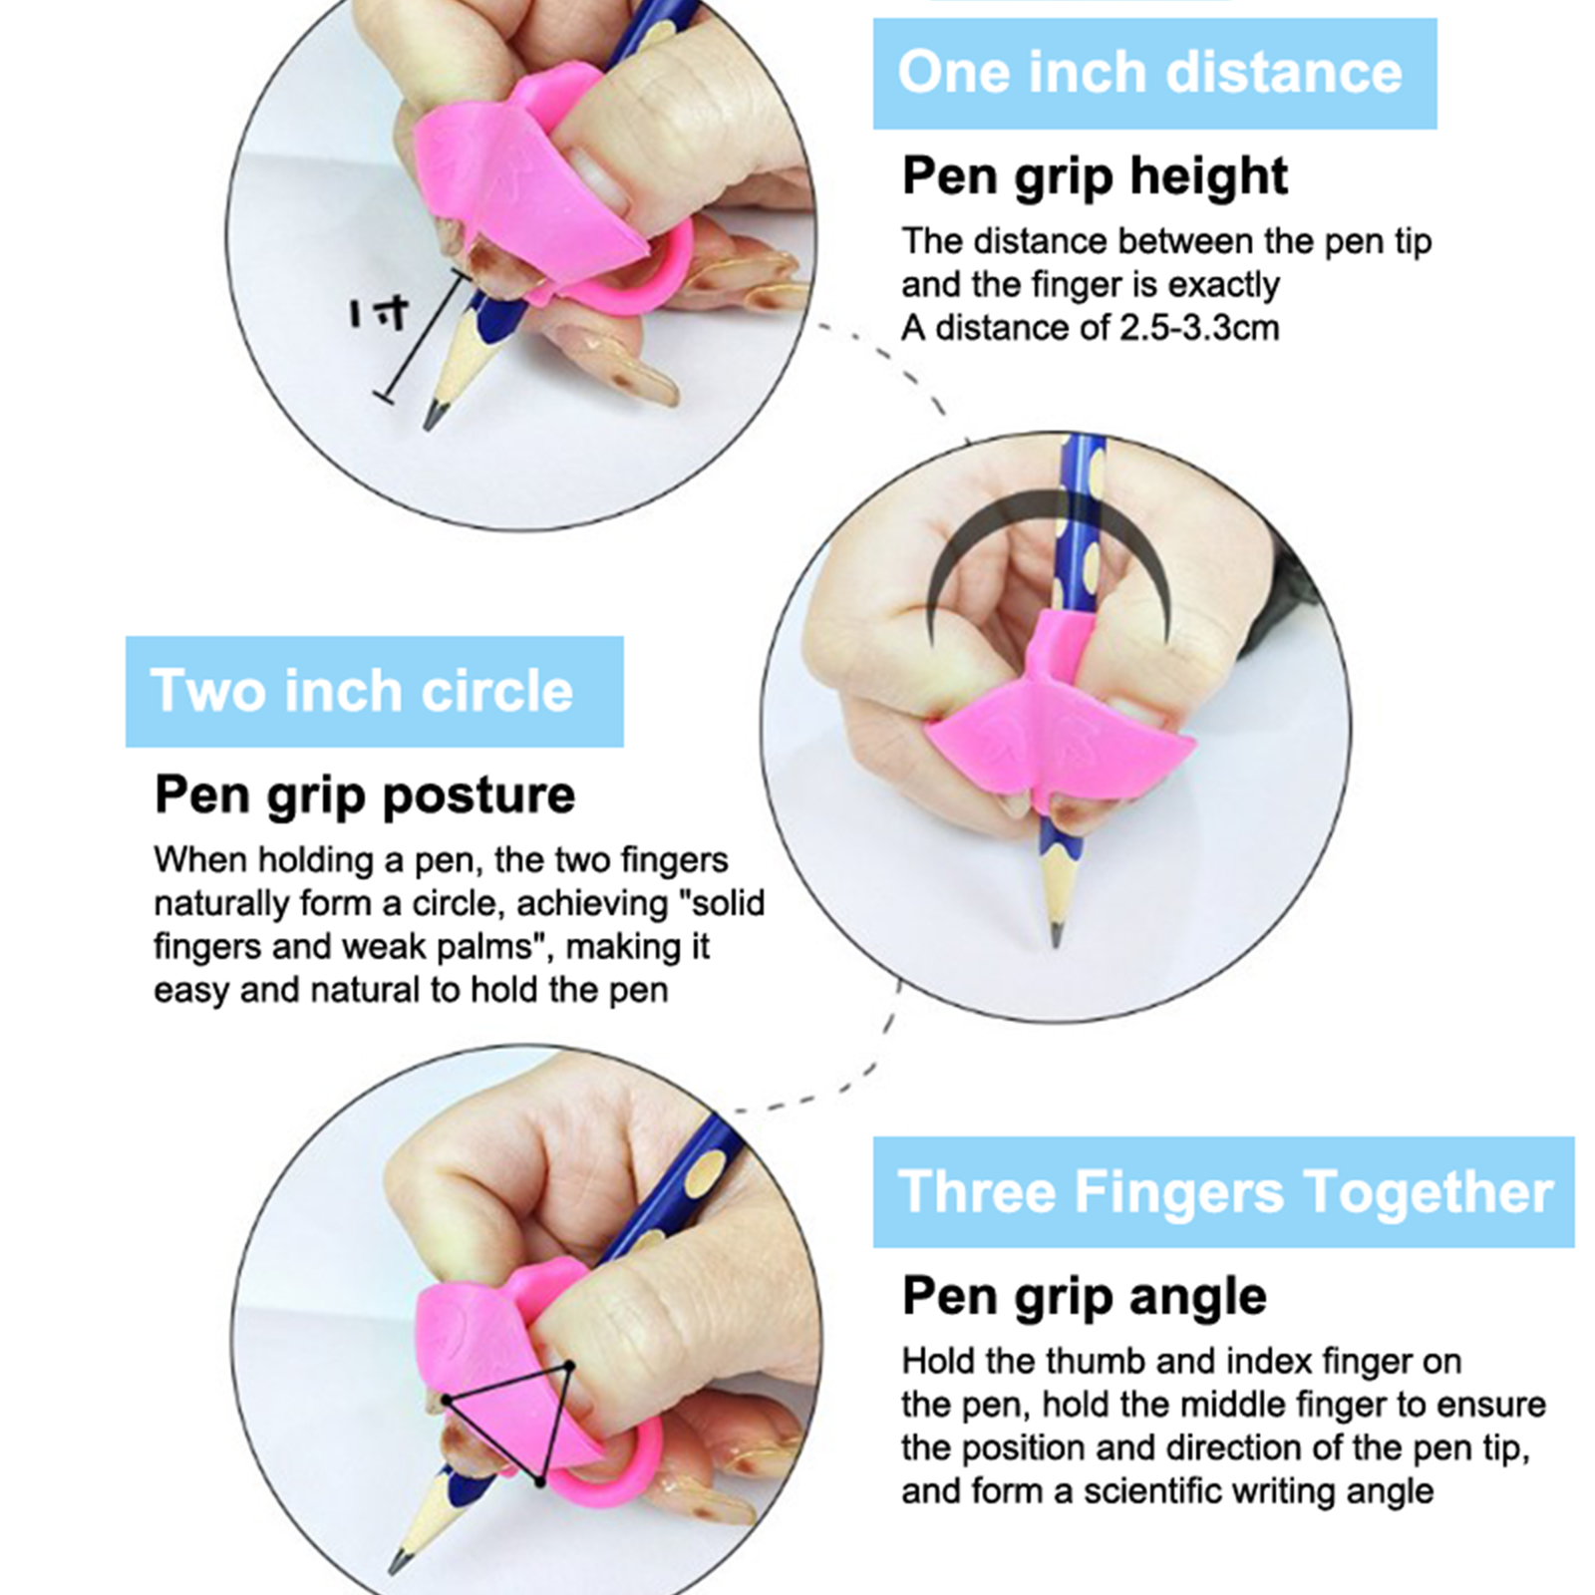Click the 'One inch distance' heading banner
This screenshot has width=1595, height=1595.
pos(1154,74)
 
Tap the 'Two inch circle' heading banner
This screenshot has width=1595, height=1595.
pos(374,692)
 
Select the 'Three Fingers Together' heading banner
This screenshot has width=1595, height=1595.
pos(1223,1192)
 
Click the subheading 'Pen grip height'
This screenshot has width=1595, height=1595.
pos(1095,176)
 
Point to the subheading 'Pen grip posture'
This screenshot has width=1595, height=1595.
pos(365,796)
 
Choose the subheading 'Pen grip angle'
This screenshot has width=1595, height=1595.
pos(1085,1297)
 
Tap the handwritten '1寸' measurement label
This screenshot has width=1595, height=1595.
pos(379,314)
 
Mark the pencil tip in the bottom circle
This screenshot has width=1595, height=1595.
pos(395,1567)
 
